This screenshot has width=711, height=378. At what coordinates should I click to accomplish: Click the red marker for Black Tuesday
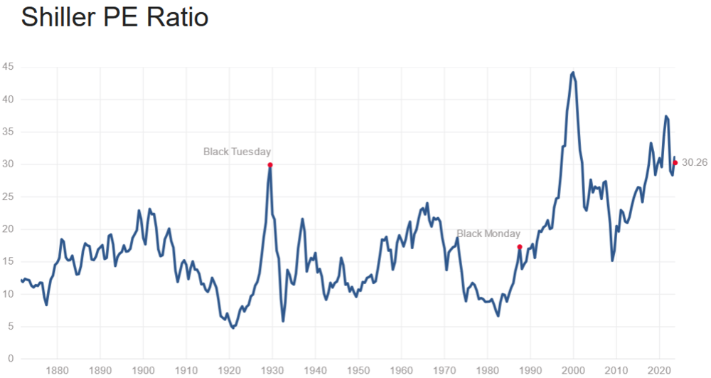pos(270,165)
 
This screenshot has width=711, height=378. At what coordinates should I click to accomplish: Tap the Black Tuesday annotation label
pos(237,152)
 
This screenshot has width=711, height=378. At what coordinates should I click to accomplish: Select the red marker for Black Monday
pos(520,247)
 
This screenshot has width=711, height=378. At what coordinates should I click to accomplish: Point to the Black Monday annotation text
pos(488,233)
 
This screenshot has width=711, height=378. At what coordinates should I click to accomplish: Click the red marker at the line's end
pos(675,163)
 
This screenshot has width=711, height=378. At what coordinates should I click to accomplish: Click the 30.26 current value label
pos(695,163)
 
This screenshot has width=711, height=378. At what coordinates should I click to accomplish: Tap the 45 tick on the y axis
pos(9,68)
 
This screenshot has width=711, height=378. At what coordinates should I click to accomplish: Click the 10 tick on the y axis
pos(9,294)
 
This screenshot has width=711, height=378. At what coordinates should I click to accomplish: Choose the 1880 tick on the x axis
pos(57,370)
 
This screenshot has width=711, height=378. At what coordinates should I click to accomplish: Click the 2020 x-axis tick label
pos(659,370)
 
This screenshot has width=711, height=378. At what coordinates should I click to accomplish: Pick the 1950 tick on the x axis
pos(358,370)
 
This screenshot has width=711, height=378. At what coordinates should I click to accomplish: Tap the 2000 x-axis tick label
pos(573,370)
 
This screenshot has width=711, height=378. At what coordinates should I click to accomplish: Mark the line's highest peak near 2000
pos(573,72)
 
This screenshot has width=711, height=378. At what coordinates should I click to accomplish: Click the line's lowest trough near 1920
pos(232,328)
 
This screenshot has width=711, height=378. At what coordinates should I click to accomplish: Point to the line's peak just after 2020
pos(666,116)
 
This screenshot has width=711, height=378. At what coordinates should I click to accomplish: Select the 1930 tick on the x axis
pos(272,370)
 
